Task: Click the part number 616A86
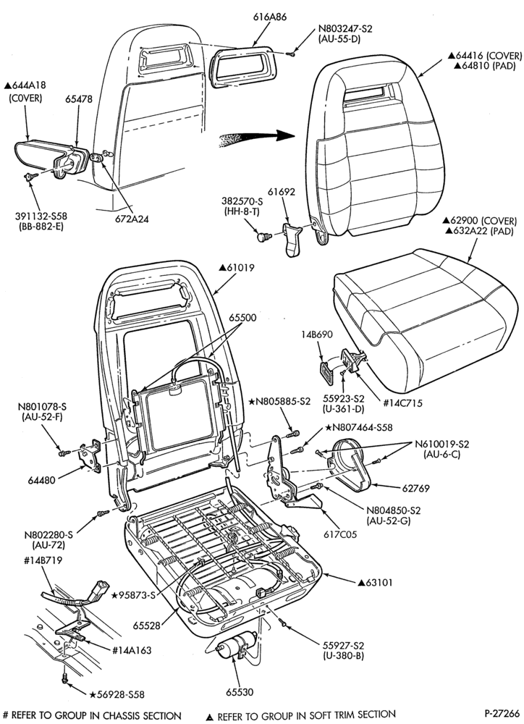point(270,17)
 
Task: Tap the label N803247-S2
point(345,29)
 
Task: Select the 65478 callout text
point(78,98)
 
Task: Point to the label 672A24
point(132,219)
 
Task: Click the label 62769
point(415,488)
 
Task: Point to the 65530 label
point(240,692)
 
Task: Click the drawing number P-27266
point(502,712)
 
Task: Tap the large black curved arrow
point(256,138)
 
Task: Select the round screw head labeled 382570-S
point(263,237)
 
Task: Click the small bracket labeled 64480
point(90,455)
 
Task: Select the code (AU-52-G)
point(388,521)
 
